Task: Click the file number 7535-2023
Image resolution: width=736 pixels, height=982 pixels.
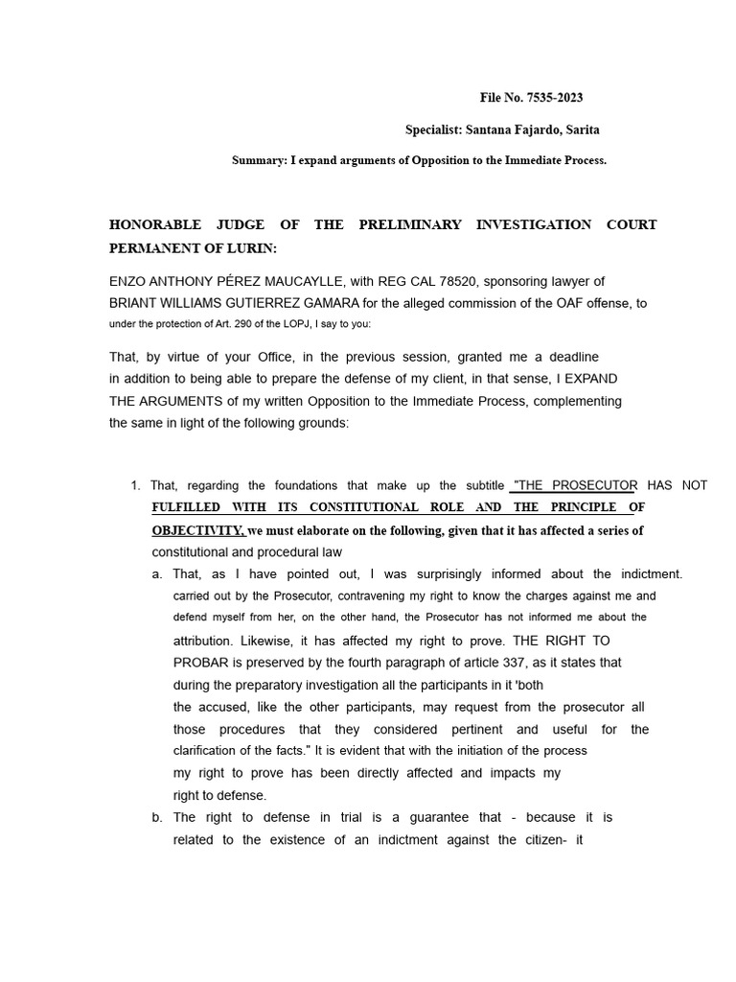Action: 552,98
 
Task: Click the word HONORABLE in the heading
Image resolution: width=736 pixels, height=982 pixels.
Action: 154,224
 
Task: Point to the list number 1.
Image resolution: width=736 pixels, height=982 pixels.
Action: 135,485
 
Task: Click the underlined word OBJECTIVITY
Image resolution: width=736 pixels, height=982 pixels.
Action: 197,530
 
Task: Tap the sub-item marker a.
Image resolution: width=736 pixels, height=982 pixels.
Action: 156,573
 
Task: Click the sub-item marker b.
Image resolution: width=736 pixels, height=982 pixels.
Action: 156,817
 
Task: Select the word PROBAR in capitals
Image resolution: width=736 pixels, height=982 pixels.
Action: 200,662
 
